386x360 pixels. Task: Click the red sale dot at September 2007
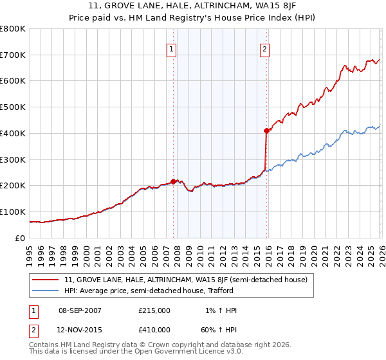pos(173,181)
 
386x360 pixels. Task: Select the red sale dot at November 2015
pos(266,130)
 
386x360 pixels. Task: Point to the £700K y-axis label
pos(13,55)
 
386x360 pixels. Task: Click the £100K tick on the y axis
pos(13,212)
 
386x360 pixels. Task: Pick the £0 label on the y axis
pos(21,238)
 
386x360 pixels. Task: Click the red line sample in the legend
pos(46,280)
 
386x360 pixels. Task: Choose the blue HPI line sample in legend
pos(46,291)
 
